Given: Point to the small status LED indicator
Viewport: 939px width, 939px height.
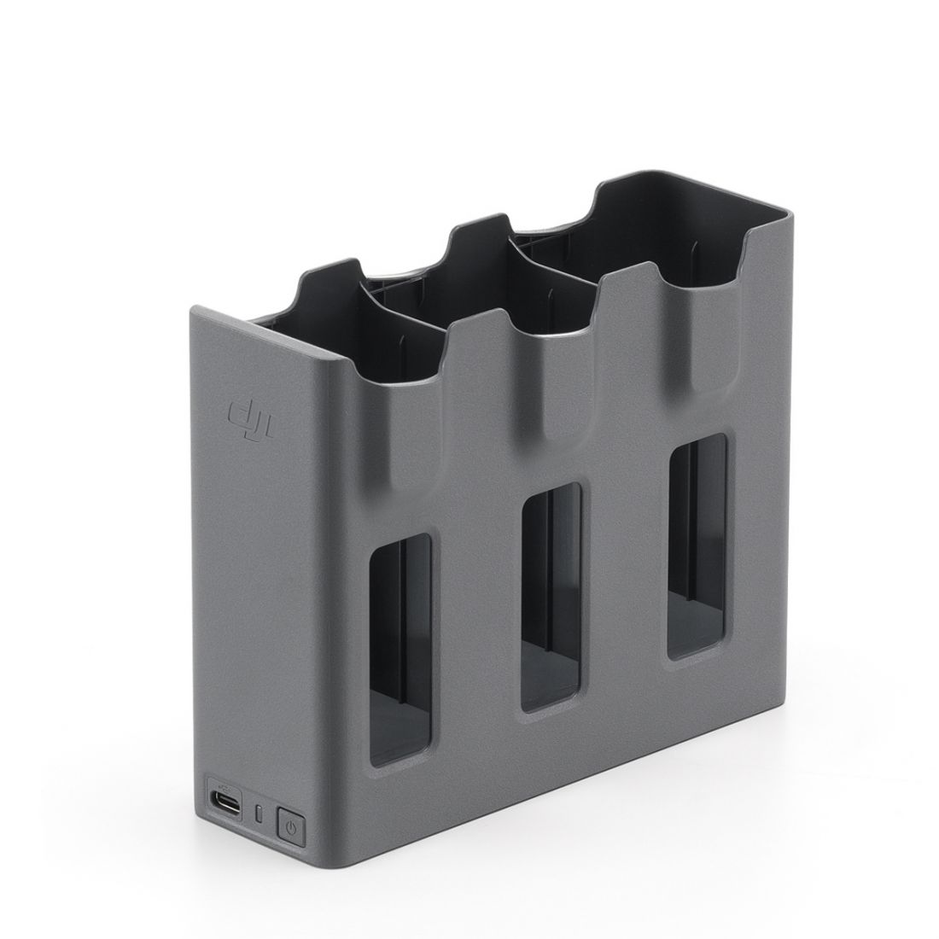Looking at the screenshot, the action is [x=259, y=814].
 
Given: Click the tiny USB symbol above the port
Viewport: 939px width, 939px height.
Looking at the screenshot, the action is [x=224, y=787].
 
